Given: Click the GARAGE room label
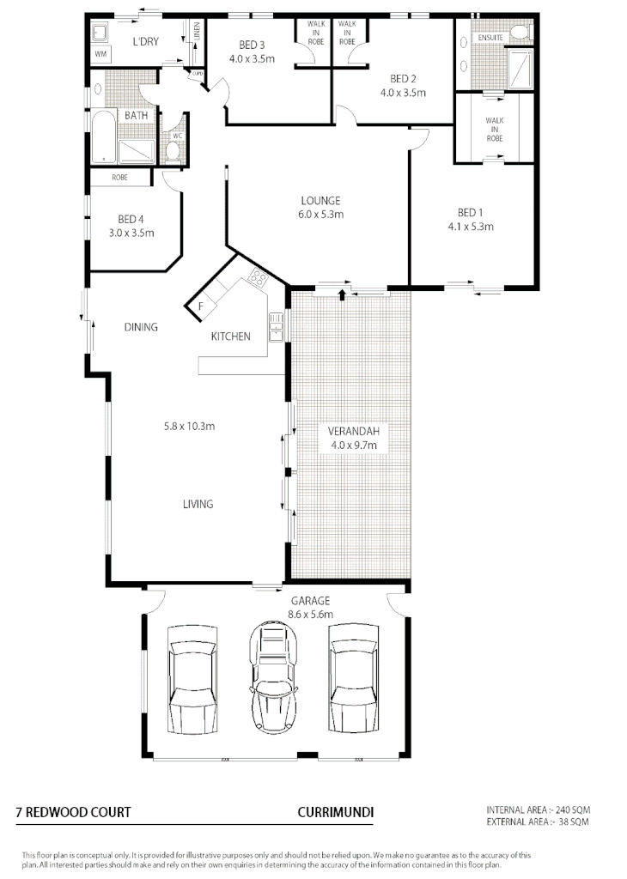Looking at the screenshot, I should (x=309, y=601).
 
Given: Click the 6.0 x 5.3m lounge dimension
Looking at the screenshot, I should (x=315, y=215).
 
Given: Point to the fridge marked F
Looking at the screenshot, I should (x=201, y=306).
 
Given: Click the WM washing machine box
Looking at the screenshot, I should (x=100, y=54).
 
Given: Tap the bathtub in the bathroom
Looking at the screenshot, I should (x=102, y=137).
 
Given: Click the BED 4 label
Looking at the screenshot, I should (x=131, y=219).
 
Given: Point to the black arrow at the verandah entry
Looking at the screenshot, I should (x=343, y=295).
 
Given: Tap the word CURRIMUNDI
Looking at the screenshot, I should (x=335, y=811).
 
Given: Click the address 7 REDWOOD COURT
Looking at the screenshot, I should (x=73, y=811).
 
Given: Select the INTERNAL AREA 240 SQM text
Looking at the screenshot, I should (x=538, y=809).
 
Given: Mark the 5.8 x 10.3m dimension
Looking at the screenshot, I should (x=189, y=425).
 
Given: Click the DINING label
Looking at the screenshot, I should (x=141, y=326).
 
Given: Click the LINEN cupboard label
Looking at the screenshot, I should (x=197, y=33).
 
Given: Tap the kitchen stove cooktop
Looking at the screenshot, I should (x=256, y=276).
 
